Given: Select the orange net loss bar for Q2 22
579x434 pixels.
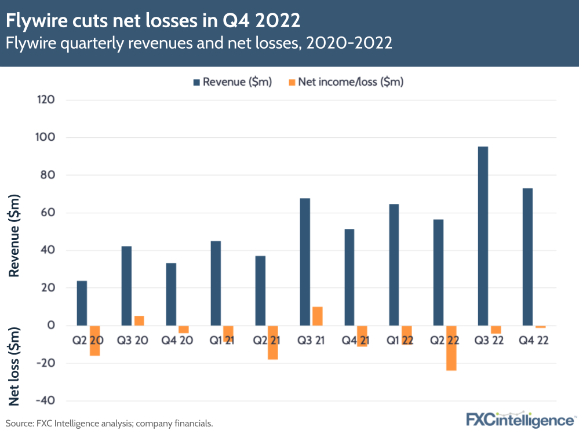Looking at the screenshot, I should click(x=451, y=348).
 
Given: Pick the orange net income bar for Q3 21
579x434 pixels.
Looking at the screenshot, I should click(x=318, y=316).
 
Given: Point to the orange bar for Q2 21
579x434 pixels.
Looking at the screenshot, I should click(x=273, y=342).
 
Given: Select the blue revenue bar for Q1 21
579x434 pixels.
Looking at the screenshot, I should click(x=216, y=283).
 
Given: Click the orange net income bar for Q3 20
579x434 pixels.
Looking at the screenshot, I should click(x=139, y=320).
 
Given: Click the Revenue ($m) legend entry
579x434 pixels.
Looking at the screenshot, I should click(x=231, y=82).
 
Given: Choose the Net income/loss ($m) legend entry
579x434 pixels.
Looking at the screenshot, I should click(x=345, y=82).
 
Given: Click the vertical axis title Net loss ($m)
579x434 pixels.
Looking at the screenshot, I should click(x=16, y=366).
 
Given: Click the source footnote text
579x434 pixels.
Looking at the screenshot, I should click(x=110, y=424).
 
